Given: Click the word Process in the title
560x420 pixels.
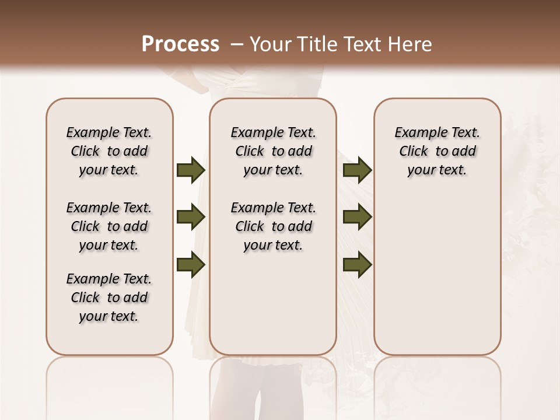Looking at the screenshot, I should coord(180,44).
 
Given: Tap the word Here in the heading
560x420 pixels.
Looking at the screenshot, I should coord(411,44).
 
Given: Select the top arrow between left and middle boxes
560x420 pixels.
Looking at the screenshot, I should coord(190,170).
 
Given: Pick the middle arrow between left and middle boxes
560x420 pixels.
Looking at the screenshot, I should coord(190,217).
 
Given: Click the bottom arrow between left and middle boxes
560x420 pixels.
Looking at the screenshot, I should coord(190,264).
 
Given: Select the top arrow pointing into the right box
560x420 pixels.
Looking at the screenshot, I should coord(357,170).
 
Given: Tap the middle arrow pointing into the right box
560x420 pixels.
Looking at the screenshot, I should coord(357,217).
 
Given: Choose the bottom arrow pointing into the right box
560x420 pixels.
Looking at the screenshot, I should coord(357,264).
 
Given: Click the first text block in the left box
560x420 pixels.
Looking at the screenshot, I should coord(109,151).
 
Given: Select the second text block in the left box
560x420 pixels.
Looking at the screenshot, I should coord(109,226).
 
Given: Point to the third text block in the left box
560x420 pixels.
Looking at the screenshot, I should coord(109,297).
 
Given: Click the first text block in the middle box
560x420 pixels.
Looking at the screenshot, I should coord(273,151).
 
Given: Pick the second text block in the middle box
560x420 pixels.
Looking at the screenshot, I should coord(273,226).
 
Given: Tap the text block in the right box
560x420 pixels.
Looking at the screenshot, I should coord(437,151).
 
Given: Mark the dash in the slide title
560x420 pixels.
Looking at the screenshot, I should coord(237,44).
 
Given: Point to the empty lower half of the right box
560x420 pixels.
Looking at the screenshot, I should coord(437,280).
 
